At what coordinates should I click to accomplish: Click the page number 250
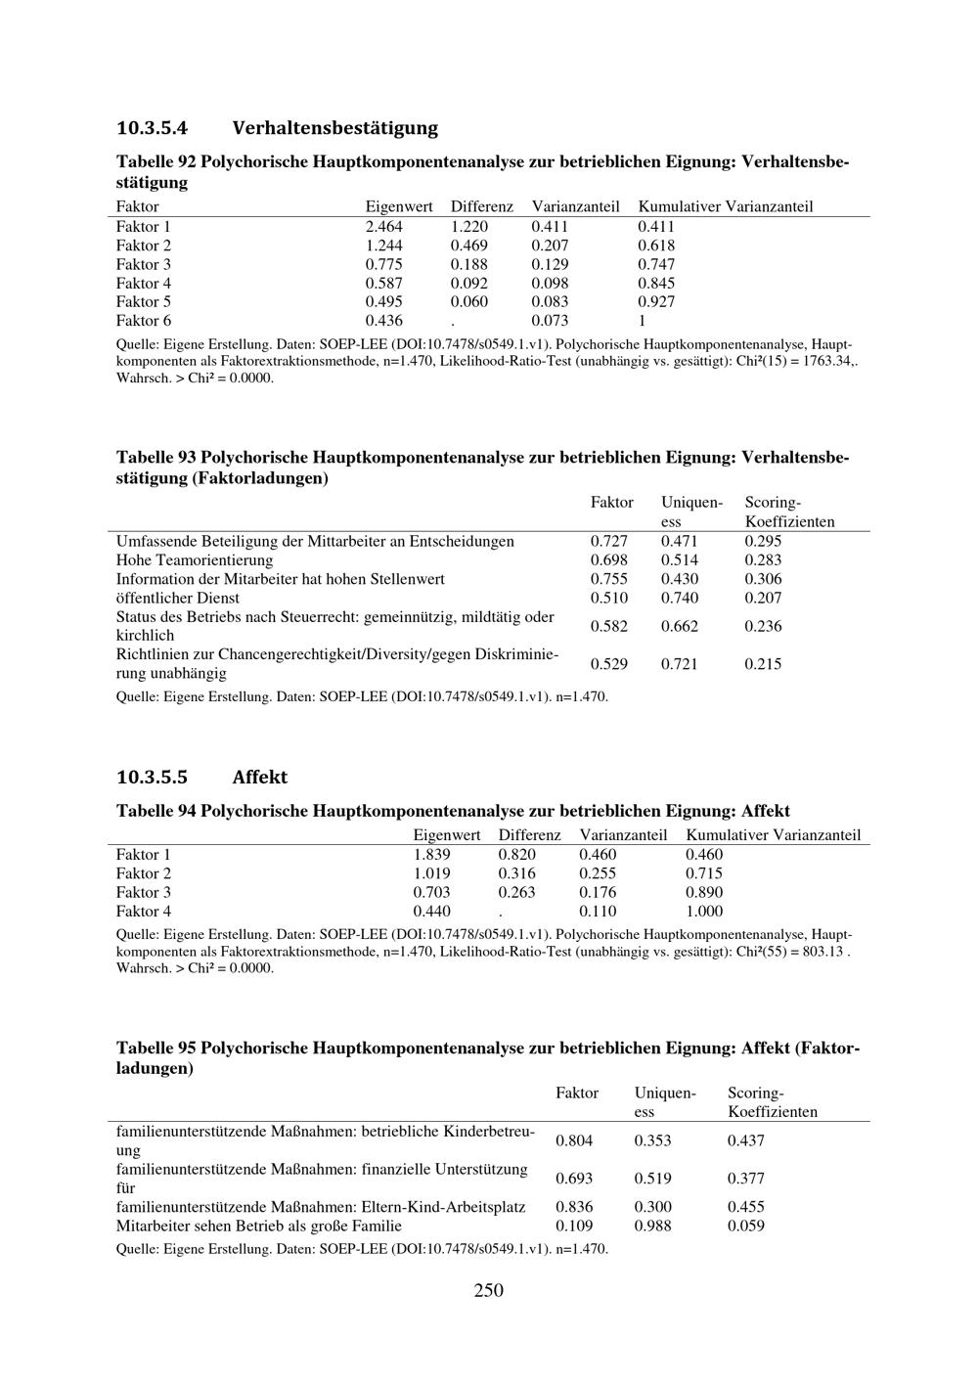(488, 1291)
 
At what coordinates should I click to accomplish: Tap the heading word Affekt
(260, 778)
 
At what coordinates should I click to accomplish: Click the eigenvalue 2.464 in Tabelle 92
(383, 227)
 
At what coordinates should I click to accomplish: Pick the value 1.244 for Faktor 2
(383, 245)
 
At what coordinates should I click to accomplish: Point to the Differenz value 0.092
(468, 284)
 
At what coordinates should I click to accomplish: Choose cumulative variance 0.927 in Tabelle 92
(656, 302)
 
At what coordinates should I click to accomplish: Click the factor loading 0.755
(609, 579)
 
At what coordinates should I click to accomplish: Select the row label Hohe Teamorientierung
(195, 560)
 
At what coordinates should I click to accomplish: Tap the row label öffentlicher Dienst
(178, 598)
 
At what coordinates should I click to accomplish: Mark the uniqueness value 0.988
(652, 1226)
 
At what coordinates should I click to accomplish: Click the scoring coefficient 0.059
(746, 1226)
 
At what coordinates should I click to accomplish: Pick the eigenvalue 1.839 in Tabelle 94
(432, 855)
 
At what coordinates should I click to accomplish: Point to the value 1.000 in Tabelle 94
(704, 912)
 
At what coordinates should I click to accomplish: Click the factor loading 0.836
(574, 1207)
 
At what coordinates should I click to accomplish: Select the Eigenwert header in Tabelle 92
(399, 207)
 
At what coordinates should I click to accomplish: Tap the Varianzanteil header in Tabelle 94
(623, 835)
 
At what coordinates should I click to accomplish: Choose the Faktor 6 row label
(144, 321)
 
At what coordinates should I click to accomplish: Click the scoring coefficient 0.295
(763, 542)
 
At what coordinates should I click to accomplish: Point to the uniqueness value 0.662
(680, 626)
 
